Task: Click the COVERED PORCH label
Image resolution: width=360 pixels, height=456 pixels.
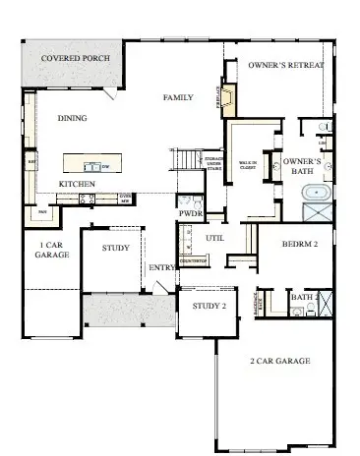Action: pos(74,58)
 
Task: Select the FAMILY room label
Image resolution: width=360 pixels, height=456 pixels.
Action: pos(178,98)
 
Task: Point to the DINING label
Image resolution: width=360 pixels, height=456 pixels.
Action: pos(72,118)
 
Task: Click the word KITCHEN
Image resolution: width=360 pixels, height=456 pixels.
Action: pos(76,184)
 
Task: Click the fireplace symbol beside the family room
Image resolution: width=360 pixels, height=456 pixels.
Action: pos(228,98)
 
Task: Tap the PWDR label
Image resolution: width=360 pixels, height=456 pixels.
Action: pos(190,211)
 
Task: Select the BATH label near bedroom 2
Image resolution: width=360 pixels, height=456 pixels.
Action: pos(301,296)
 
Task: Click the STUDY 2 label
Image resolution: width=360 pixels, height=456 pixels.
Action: pos(209,306)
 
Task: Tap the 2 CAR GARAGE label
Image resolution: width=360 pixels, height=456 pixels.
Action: pos(279,361)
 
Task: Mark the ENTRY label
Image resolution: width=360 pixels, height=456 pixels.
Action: pos(161,267)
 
